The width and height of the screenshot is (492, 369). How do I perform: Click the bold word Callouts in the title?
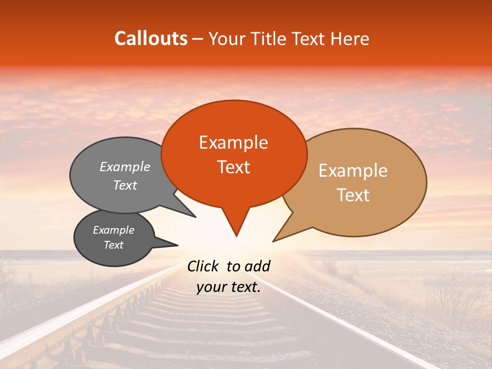tap(151, 38)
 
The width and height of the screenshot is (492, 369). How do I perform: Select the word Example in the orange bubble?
tap(233, 142)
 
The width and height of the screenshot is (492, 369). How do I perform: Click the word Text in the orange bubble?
tap(233, 167)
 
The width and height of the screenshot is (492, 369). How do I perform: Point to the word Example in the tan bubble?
tap(353, 171)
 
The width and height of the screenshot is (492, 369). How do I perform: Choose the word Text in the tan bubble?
tap(353, 195)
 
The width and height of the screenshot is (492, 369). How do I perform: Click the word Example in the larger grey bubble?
tap(125, 167)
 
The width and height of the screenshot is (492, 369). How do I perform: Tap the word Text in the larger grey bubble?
tap(125, 185)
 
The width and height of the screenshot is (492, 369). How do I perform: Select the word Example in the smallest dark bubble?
tap(114, 230)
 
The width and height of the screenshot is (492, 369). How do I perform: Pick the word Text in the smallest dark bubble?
tap(114, 245)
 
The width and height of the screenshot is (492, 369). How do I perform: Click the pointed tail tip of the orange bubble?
tap(236, 236)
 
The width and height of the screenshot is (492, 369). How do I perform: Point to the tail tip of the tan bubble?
tap(273, 241)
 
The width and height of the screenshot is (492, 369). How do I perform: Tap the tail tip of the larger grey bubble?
tap(195, 217)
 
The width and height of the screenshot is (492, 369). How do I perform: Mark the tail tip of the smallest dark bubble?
tap(177, 245)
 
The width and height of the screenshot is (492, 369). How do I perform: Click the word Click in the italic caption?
tap(204, 266)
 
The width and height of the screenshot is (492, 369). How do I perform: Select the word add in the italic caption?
tap(257, 266)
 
